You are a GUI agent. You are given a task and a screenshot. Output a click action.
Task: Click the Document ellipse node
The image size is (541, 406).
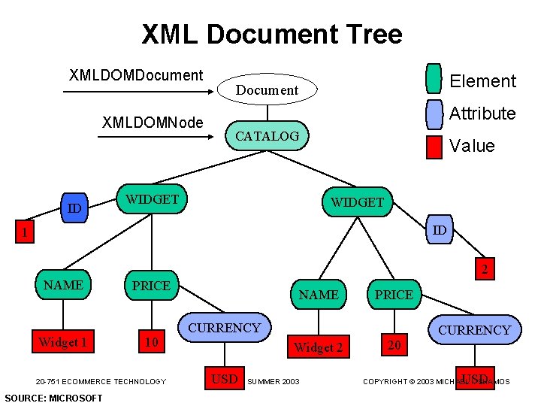[267, 89]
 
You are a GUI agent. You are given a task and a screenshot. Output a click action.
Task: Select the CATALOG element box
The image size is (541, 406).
[267, 136]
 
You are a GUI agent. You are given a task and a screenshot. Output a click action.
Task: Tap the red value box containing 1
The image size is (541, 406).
[24, 233]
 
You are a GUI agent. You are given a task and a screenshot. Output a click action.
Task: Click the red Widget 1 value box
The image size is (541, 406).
[63, 342]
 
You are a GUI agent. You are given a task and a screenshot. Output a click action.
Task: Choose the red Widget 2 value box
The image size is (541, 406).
[318, 347]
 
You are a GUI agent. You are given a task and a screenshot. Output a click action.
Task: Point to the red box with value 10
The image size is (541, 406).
[151, 342]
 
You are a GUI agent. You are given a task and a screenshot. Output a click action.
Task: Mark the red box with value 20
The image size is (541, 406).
[394, 345]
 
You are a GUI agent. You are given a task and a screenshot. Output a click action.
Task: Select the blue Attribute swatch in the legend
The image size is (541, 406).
[434, 114]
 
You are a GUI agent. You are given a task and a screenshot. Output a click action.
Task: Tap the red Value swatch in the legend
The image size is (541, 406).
[434, 147]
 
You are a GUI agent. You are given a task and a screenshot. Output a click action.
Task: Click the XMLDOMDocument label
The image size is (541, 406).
[136, 75]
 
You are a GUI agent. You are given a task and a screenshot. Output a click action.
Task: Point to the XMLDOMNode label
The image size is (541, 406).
[153, 122]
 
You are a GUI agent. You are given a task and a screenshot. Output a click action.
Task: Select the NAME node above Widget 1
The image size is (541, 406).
[63, 285]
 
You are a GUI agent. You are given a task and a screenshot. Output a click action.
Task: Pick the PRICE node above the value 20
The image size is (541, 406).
[394, 294]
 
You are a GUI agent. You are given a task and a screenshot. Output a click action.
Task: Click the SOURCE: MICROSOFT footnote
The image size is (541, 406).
[53, 398]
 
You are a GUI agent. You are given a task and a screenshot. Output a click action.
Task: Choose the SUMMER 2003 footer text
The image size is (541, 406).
[273, 382]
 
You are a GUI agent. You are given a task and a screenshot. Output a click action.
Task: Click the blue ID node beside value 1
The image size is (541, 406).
[74, 208]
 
